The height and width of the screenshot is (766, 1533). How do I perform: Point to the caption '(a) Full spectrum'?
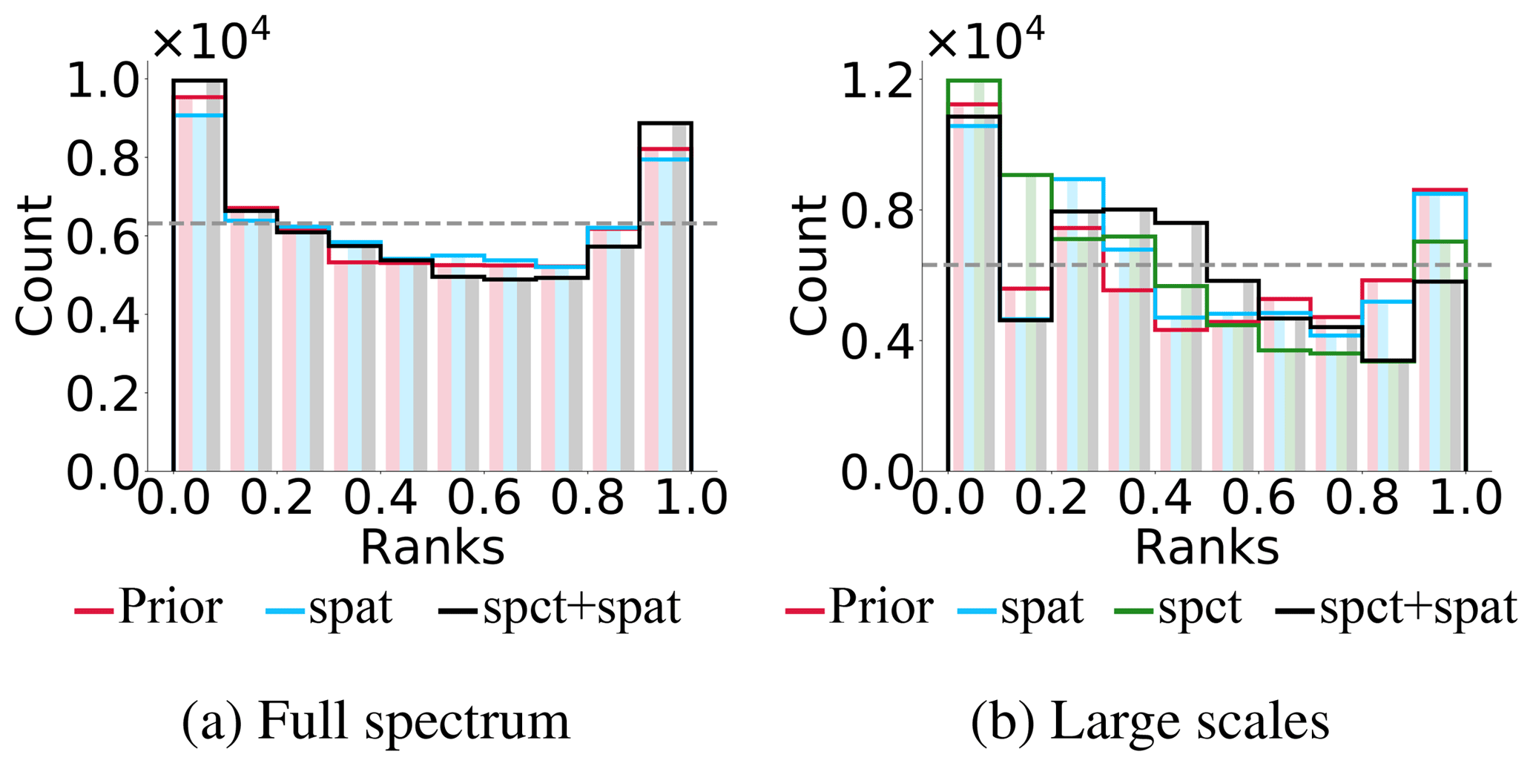(376, 722)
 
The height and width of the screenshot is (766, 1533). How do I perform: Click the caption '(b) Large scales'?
(1150, 722)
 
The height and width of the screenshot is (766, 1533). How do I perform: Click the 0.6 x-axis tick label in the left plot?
(484, 496)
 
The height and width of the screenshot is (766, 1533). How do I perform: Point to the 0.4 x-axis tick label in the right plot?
(1155, 496)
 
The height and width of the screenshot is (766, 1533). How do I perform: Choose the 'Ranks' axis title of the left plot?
(432, 548)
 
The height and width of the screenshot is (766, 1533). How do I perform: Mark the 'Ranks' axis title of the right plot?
(1207, 548)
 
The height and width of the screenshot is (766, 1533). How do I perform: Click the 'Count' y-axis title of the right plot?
(808, 265)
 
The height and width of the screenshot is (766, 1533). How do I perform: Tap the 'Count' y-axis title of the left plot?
(34, 265)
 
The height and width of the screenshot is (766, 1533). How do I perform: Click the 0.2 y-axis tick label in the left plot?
(102, 394)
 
